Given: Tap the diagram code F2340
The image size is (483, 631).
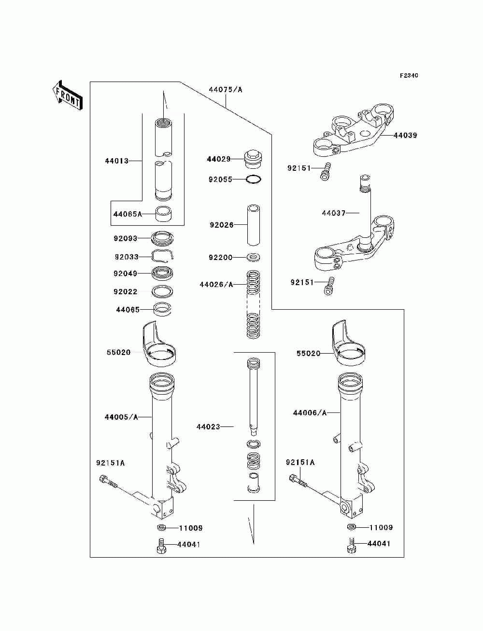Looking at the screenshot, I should pyautogui.click(x=409, y=76).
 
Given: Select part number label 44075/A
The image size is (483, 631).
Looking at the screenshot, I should pyautogui.click(x=226, y=90).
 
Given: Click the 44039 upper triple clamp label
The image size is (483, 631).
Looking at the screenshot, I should pyautogui.click(x=405, y=136).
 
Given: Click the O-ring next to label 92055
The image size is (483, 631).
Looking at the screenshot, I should pyautogui.click(x=254, y=179).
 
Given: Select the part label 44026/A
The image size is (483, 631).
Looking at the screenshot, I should pyautogui.click(x=216, y=285).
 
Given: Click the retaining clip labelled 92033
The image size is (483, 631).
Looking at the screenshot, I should pyautogui.click(x=163, y=256).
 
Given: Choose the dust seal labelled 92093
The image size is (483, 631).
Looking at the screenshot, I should pyautogui.click(x=163, y=238).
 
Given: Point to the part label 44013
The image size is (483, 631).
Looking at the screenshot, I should pyautogui.click(x=117, y=161).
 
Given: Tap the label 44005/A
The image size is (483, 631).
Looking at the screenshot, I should pyautogui.click(x=121, y=417).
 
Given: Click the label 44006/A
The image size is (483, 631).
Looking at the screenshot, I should pyautogui.click(x=310, y=413).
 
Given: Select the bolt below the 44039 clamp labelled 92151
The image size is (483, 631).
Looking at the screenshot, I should pyautogui.click(x=326, y=171).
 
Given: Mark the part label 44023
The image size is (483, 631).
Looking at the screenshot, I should pyautogui.click(x=208, y=427).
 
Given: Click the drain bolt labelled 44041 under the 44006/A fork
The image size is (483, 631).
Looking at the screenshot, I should pyautogui.click(x=351, y=545).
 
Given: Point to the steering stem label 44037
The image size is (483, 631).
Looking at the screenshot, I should pyautogui.click(x=334, y=213).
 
